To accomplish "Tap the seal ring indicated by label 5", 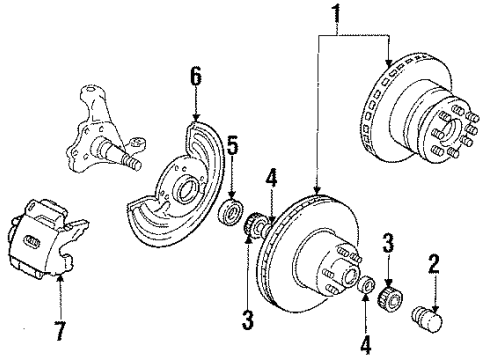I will point(232,212).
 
